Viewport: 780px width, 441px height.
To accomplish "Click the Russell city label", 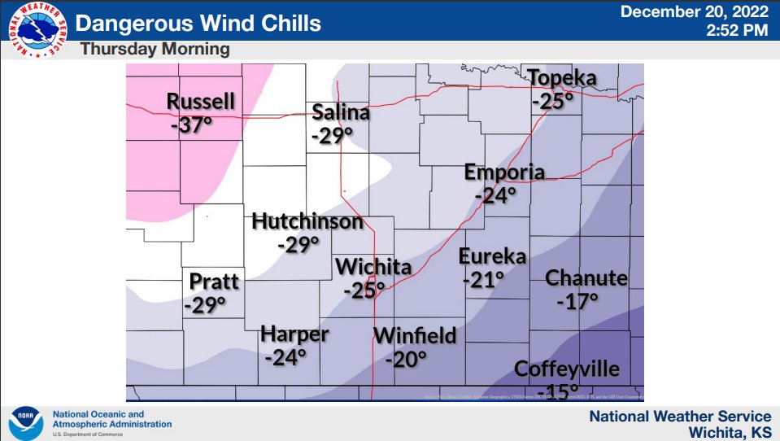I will [x=201, y=102].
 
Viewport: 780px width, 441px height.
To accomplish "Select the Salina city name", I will [x=341, y=112].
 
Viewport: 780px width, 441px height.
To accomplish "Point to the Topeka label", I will [x=562, y=79].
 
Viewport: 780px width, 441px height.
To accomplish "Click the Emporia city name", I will [x=503, y=172].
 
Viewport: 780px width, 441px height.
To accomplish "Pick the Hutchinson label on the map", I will [x=307, y=221].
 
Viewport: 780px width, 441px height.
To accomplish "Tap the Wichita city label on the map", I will [x=373, y=267].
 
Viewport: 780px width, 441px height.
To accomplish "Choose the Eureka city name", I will [x=492, y=256].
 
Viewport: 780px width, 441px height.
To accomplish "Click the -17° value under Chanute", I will [x=577, y=301].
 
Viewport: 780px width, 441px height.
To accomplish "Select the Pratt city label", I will [x=214, y=282].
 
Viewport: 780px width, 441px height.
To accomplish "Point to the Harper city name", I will [x=294, y=334].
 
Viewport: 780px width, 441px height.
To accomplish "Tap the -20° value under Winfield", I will [x=406, y=359].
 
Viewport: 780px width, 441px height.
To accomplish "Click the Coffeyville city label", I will [x=567, y=369].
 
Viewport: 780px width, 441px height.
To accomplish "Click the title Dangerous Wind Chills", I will [x=198, y=22].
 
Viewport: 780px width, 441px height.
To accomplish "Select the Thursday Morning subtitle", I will [x=155, y=50].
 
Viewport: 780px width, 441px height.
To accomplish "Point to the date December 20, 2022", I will [x=694, y=12].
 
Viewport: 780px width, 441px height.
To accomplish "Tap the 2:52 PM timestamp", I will [x=739, y=30].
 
